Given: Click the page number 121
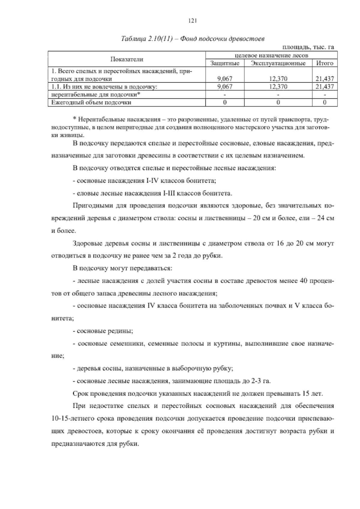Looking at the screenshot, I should (192, 21).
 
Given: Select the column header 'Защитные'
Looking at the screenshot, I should (225, 63).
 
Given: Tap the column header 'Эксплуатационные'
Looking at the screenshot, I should (278, 63).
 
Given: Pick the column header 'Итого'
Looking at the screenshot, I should (325, 63).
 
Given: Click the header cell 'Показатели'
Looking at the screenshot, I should (127, 59).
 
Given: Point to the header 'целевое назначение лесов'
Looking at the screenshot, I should (271, 56).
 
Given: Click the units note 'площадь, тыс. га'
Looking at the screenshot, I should (308, 47).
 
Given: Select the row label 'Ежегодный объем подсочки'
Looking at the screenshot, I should (91, 102).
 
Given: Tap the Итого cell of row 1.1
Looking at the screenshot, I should (325, 87).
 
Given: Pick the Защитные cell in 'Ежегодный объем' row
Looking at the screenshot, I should (225, 102).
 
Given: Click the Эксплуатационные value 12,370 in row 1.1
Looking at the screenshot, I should (278, 87).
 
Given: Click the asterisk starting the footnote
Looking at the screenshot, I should (75, 120).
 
